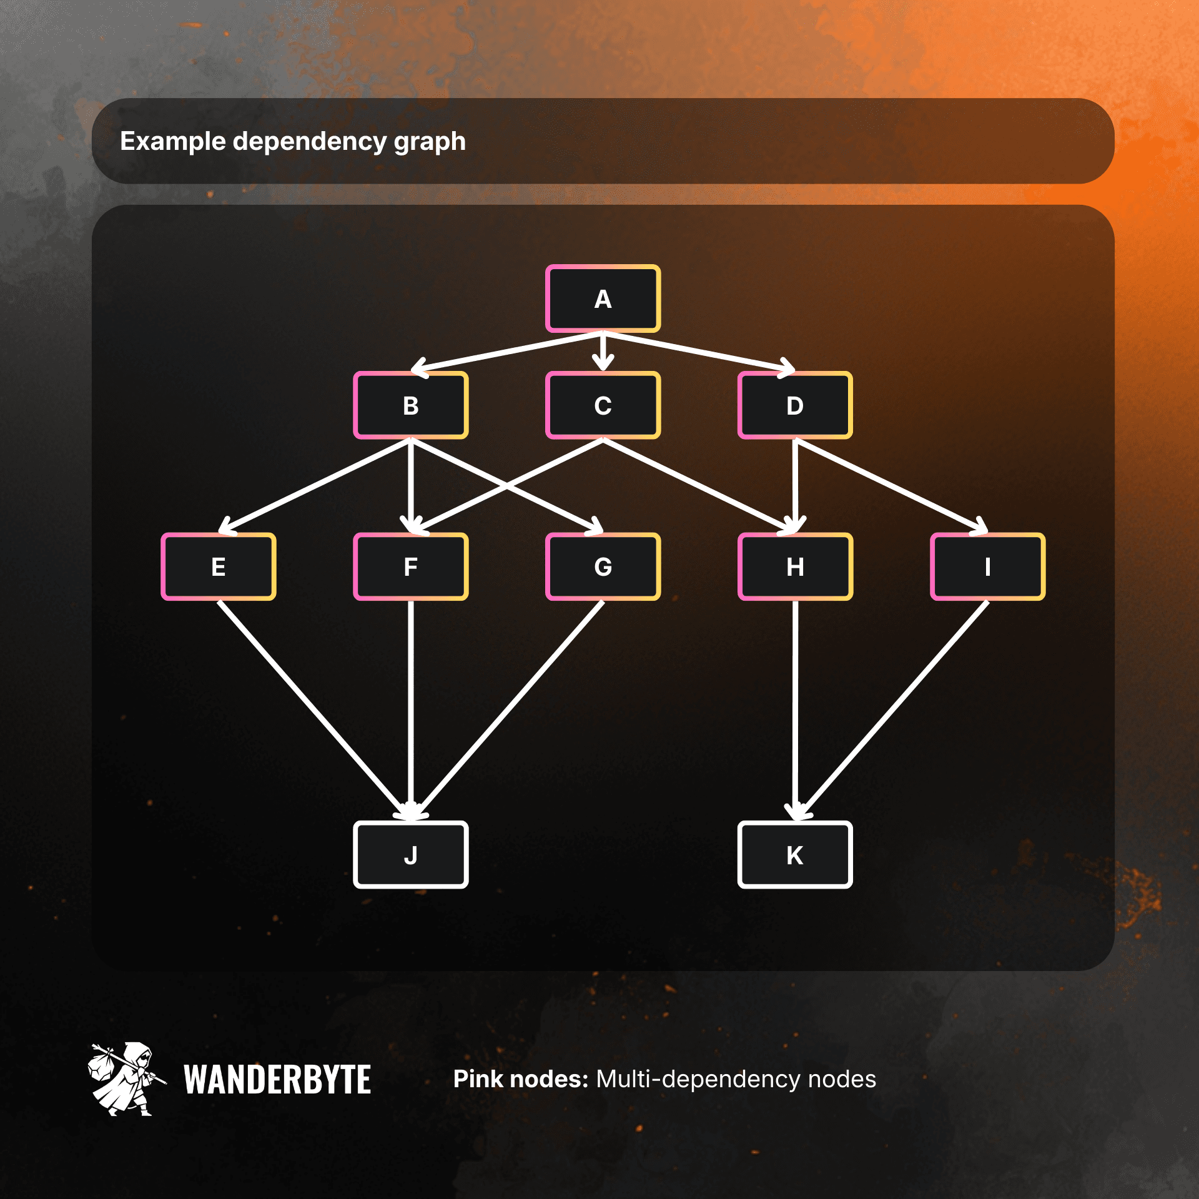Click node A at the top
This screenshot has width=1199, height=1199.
(603, 299)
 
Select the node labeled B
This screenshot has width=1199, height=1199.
(410, 405)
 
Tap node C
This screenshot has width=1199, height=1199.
(603, 405)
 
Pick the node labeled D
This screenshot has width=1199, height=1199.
(794, 405)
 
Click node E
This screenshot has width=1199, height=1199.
(218, 566)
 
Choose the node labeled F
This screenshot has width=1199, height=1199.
(410, 566)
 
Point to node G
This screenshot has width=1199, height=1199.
(603, 566)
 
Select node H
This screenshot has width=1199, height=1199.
(794, 566)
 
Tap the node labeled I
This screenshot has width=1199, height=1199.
(987, 566)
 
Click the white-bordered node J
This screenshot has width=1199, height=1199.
(410, 854)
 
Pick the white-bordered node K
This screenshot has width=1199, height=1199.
(794, 854)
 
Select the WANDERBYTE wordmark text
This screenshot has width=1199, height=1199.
(277, 1079)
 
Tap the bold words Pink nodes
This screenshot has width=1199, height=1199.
(520, 1079)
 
